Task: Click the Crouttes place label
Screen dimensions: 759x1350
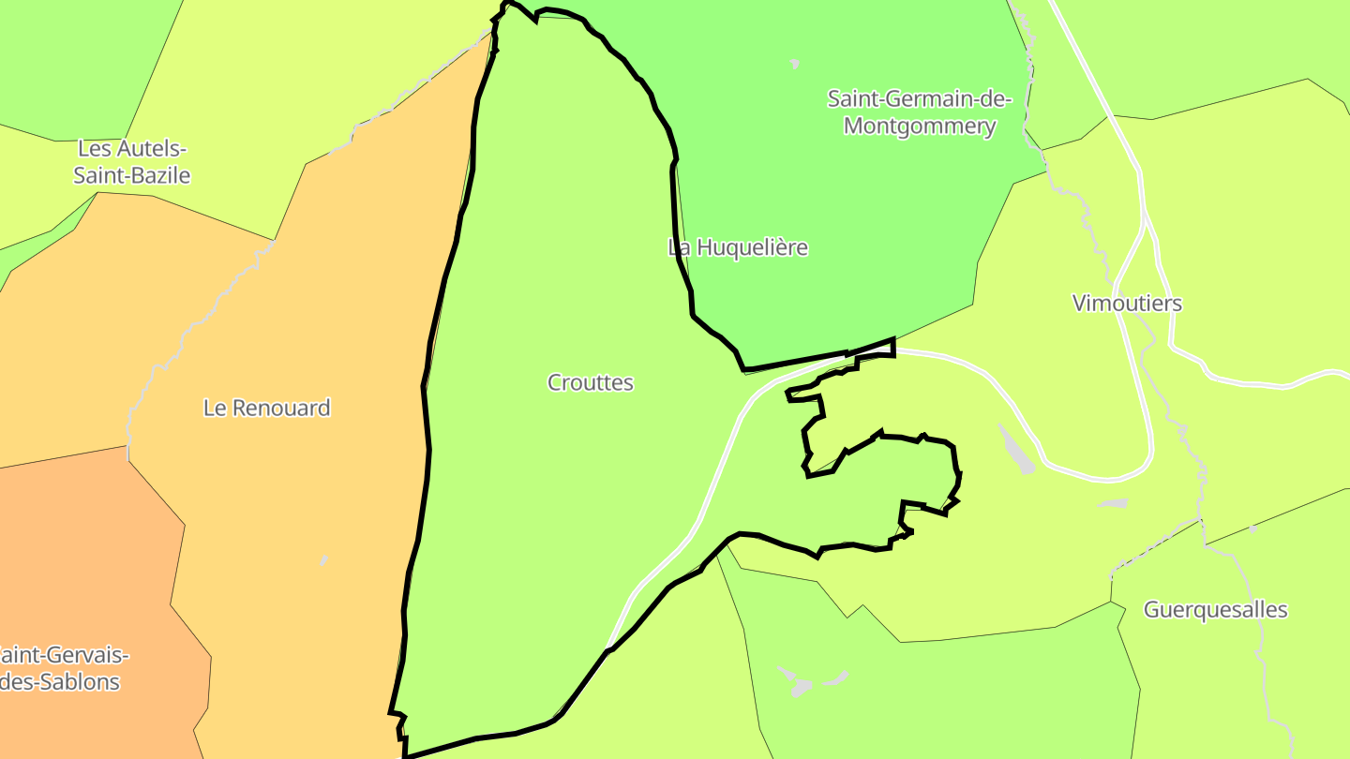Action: pyautogui.click(x=590, y=382)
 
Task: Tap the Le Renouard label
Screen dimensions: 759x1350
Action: pyautogui.click(x=266, y=408)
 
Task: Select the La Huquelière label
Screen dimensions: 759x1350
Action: pyautogui.click(x=737, y=247)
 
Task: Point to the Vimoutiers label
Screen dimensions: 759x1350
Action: pyautogui.click(x=1127, y=303)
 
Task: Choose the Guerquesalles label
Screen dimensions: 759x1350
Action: pyautogui.click(x=1215, y=610)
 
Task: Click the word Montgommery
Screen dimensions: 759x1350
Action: pyautogui.click(x=919, y=126)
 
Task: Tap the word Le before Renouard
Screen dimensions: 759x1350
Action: pyautogui.click(x=215, y=408)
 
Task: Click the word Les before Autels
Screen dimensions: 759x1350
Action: pyautogui.click(x=94, y=148)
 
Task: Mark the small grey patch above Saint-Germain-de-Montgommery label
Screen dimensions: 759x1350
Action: pyautogui.click(x=795, y=65)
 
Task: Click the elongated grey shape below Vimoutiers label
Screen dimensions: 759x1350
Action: pyautogui.click(x=1016, y=449)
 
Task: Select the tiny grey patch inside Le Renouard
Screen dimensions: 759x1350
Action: pyautogui.click(x=323, y=560)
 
